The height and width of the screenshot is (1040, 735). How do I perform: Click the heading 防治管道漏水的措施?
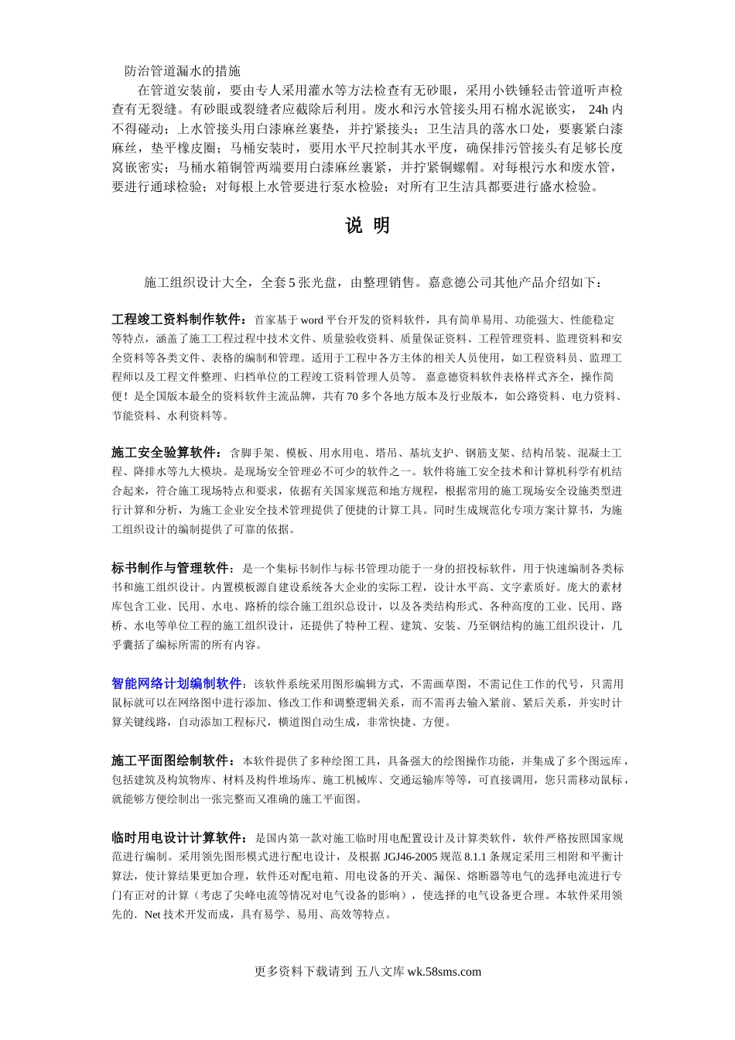tap(183, 71)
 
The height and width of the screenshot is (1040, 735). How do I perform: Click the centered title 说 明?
tap(367, 226)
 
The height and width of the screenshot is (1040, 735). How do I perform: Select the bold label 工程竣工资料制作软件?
tap(178, 320)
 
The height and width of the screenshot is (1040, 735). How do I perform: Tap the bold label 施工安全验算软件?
tap(165, 453)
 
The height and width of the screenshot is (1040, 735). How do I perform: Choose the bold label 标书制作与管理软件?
tap(171, 568)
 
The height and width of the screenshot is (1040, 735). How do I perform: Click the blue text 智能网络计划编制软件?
tap(176, 683)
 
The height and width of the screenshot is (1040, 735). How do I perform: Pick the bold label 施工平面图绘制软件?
tap(171, 760)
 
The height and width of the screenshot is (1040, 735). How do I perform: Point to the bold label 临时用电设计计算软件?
tap(178, 837)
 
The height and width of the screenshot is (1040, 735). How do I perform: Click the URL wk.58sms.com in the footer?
tap(444, 972)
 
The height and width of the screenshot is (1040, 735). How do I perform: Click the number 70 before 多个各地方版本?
tap(351, 396)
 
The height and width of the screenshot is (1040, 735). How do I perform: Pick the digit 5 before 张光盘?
tap(292, 282)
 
